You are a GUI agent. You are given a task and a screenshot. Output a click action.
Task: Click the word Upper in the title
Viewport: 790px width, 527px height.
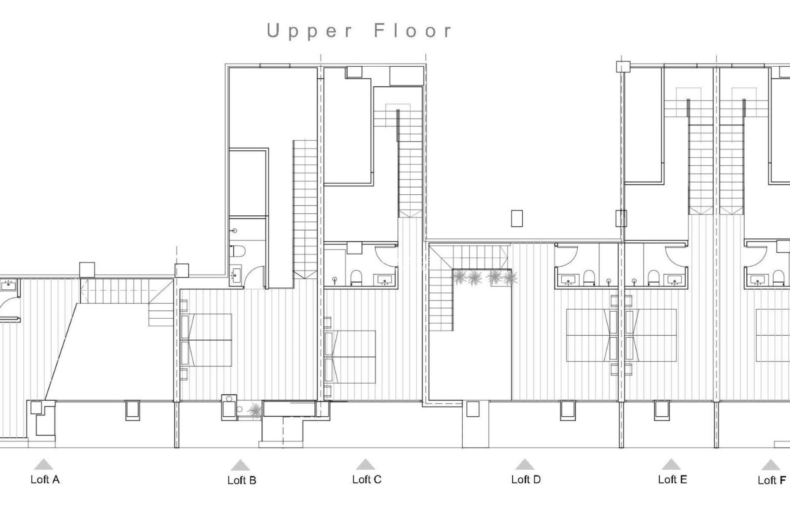[309, 31]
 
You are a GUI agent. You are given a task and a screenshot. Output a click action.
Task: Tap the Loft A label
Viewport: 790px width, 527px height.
[45, 479]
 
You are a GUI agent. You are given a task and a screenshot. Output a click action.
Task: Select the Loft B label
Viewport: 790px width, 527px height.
[242, 480]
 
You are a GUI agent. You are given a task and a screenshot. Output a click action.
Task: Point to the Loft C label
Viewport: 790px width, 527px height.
[367, 479]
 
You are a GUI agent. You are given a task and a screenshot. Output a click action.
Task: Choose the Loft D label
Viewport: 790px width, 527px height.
[526, 479]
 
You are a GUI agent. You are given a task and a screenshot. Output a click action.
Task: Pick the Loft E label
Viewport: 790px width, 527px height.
[672, 479]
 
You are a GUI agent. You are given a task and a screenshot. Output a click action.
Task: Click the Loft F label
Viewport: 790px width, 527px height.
[771, 480]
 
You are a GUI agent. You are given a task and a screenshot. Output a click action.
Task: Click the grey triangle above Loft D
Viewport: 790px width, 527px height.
[524, 465]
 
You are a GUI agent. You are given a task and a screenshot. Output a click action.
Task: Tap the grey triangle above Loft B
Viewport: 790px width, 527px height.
[240, 466]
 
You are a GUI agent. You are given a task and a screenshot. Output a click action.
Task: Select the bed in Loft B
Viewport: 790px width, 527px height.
[207, 340]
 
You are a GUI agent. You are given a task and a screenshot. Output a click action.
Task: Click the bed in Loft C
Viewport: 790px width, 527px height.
[351, 357]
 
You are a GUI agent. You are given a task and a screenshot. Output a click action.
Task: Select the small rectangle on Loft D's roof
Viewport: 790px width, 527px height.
[517, 218]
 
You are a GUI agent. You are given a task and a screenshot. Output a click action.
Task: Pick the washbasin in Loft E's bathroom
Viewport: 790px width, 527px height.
[674, 280]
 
